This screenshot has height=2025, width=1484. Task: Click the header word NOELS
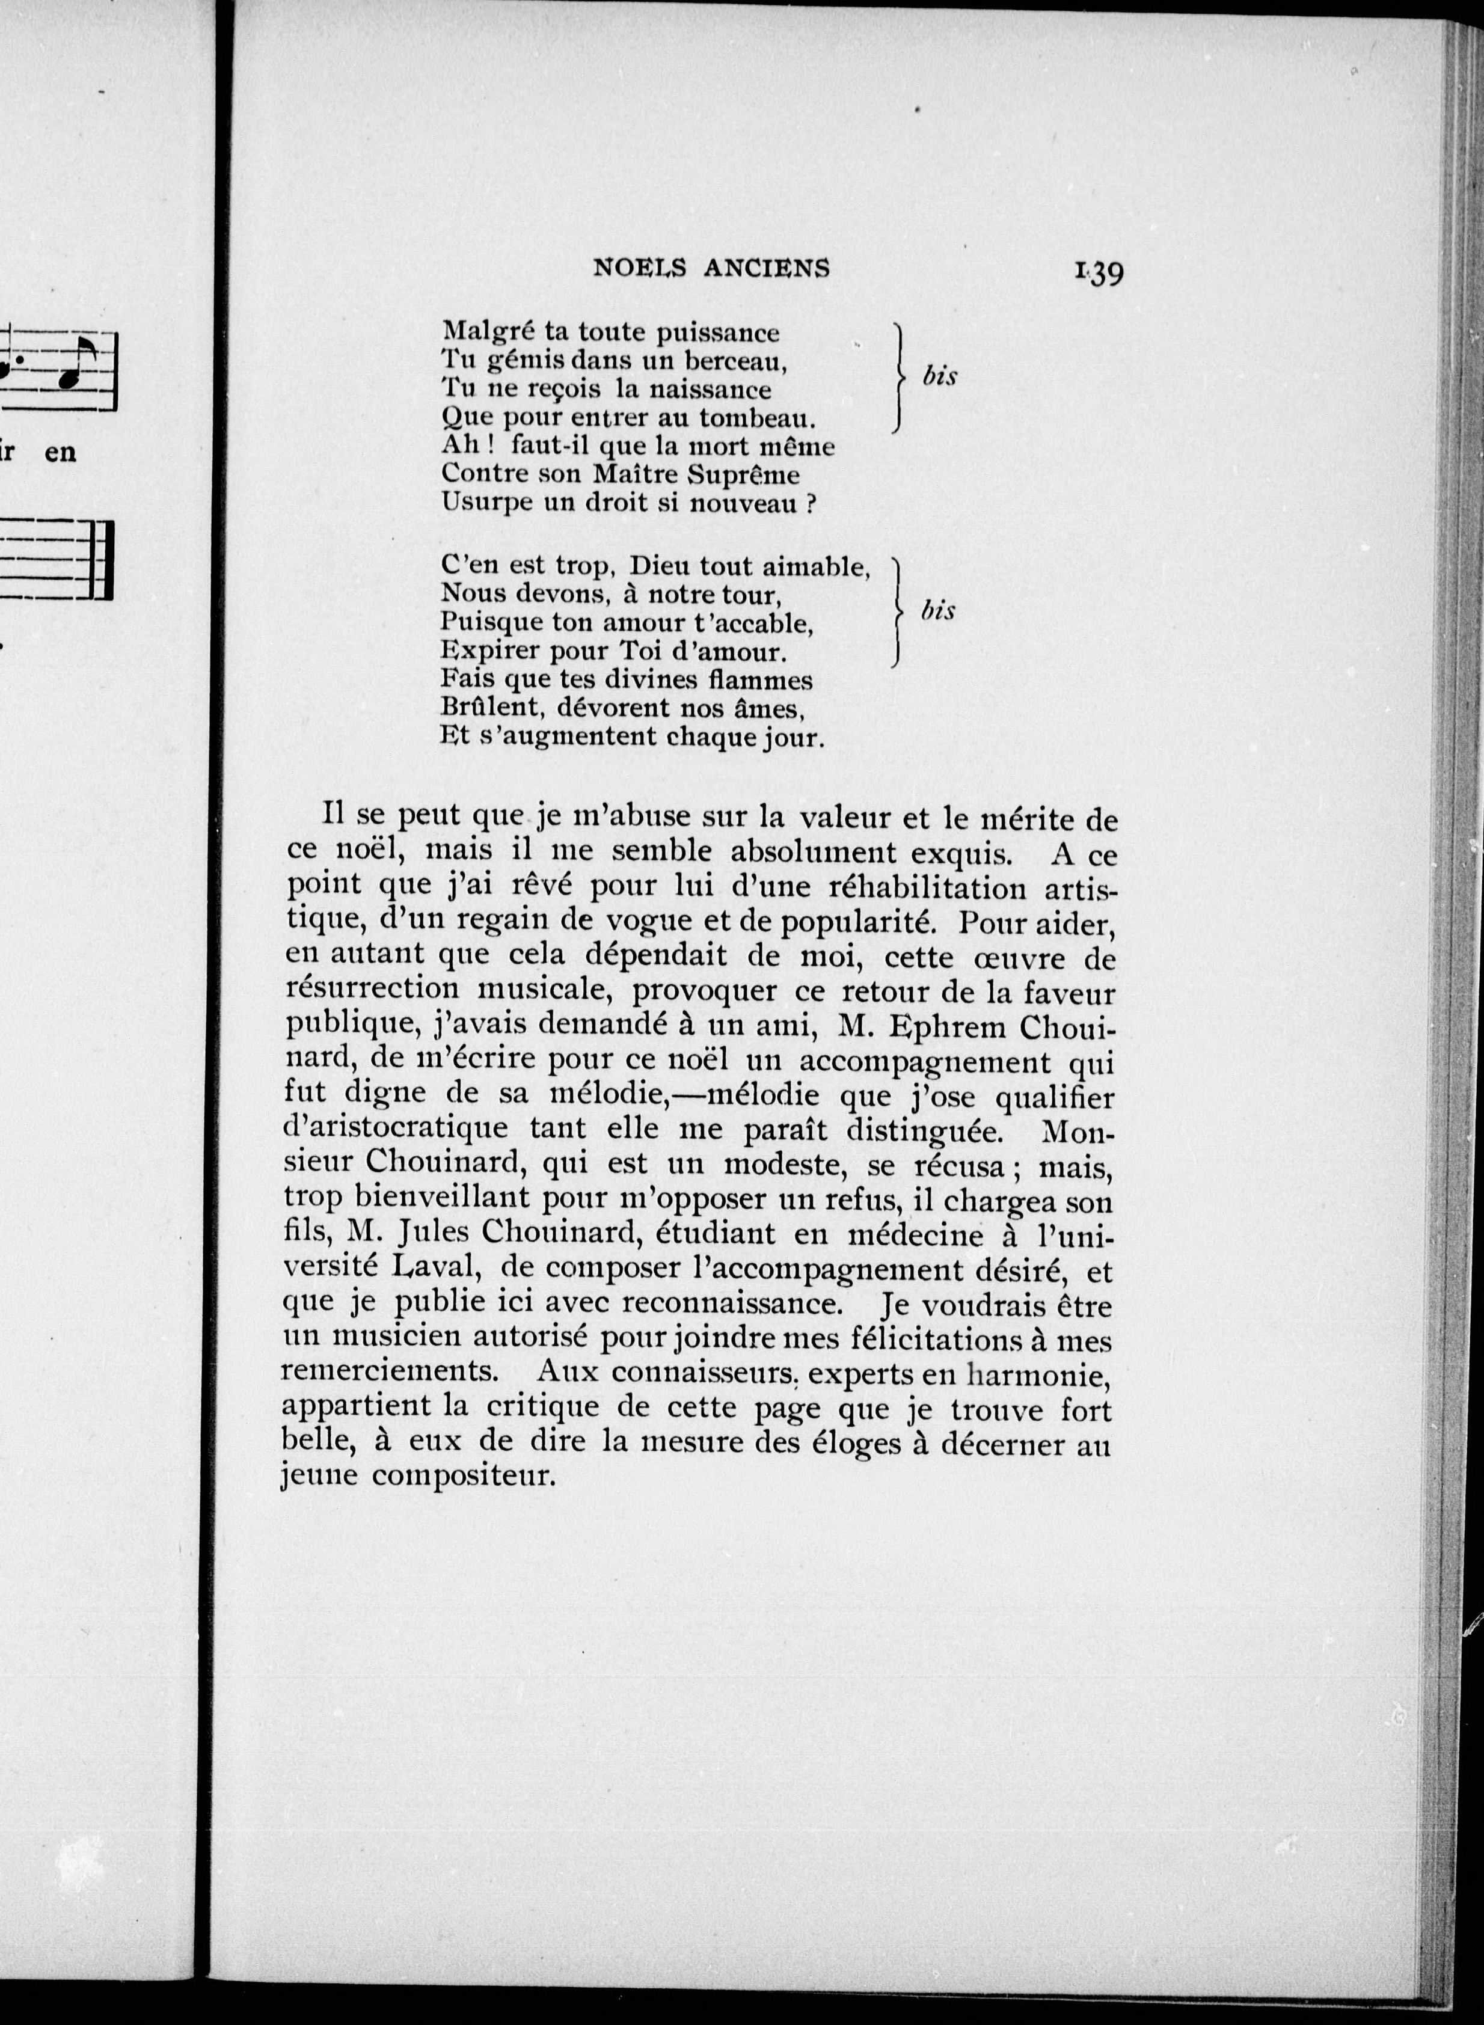point(640,268)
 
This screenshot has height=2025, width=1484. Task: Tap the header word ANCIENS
point(767,268)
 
